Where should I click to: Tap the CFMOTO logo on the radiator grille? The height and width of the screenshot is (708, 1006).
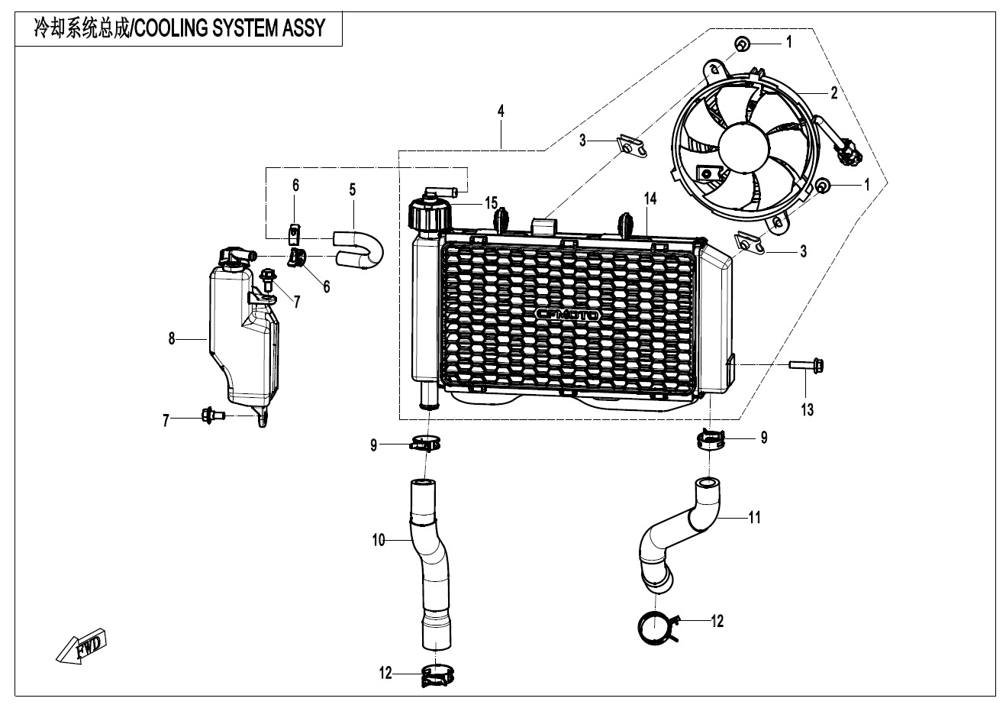click(567, 315)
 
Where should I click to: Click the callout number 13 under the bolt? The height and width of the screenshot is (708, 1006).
click(807, 410)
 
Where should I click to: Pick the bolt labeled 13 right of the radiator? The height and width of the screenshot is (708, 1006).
click(808, 364)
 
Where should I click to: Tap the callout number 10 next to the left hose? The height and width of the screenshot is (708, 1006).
click(379, 542)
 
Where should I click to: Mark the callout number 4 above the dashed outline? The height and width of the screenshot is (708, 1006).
click(501, 112)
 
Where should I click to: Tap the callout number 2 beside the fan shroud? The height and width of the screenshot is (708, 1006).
click(833, 93)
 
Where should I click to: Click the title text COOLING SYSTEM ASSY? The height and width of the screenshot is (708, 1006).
click(181, 29)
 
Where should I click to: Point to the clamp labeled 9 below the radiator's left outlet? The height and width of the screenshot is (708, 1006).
click(426, 443)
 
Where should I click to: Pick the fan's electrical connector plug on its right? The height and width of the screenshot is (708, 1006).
click(847, 154)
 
